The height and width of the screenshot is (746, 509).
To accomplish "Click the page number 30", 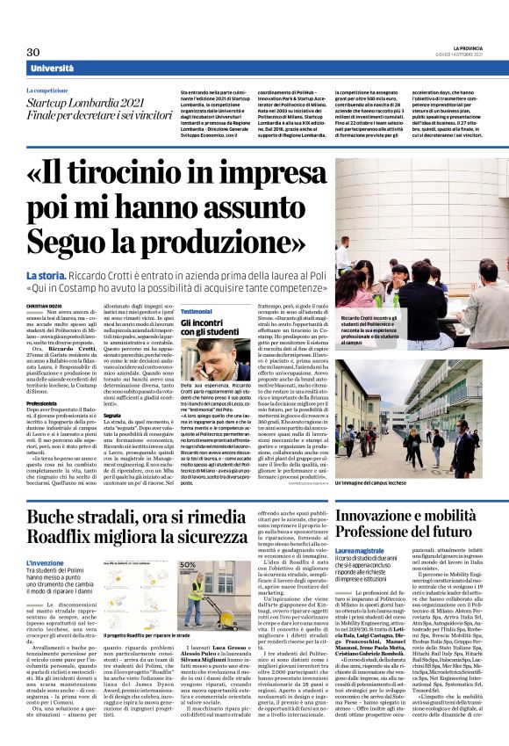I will [x=33, y=52].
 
